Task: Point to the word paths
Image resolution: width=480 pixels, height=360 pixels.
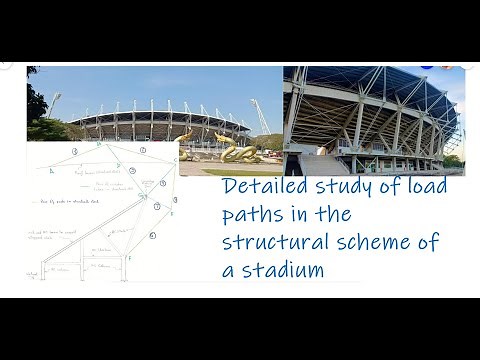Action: (252, 214)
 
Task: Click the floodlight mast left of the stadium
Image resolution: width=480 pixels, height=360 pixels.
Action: (54, 104)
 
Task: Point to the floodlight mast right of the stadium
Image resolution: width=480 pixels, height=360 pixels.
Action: (262, 113)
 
